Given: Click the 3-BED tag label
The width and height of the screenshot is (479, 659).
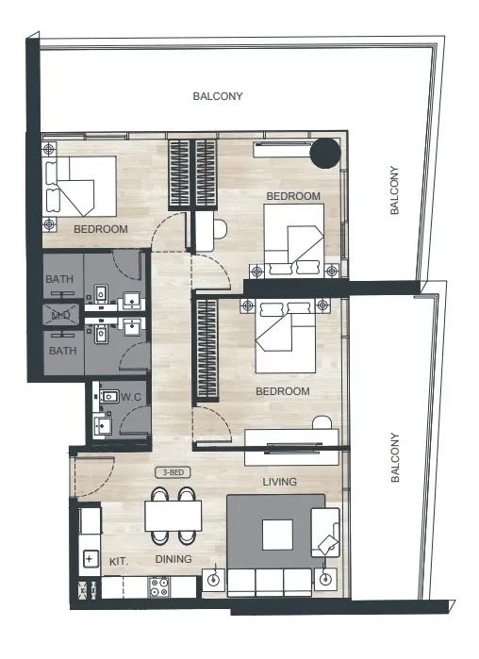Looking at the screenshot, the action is click(173, 472).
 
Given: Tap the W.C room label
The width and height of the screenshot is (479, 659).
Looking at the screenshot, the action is click(131, 397).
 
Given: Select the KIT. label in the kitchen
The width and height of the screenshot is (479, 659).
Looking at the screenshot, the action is click(119, 562).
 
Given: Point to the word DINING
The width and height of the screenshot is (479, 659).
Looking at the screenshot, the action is click(173, 559).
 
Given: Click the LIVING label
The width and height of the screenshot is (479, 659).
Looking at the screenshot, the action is click(280, 482).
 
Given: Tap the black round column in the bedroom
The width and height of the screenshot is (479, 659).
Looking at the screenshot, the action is click(324, 153).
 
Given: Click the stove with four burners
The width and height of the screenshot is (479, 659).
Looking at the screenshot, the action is click(159, 587).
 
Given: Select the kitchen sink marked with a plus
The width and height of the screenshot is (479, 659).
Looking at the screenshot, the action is click(89, 559).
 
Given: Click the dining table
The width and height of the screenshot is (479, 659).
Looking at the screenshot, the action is click(173, 516).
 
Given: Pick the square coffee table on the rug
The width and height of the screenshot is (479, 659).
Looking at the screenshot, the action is click(278, 535).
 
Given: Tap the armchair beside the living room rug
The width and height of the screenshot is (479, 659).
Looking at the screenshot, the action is click(324, 533).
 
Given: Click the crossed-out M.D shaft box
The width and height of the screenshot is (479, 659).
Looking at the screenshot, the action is click(60, 315).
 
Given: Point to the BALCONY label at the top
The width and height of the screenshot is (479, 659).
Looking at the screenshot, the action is click(218, 96).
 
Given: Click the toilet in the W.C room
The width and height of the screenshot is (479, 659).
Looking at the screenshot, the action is click(109, 396).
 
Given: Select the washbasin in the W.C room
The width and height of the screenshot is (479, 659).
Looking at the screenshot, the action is click(102, 426).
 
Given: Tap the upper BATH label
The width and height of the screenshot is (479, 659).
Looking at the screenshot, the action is click(59, 279).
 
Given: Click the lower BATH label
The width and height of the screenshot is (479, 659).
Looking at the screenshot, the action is click(63, 351).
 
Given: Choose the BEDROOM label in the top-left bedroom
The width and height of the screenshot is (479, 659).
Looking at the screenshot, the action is click(101, 229).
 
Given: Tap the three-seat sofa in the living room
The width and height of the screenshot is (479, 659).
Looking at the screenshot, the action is click(270, 583).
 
